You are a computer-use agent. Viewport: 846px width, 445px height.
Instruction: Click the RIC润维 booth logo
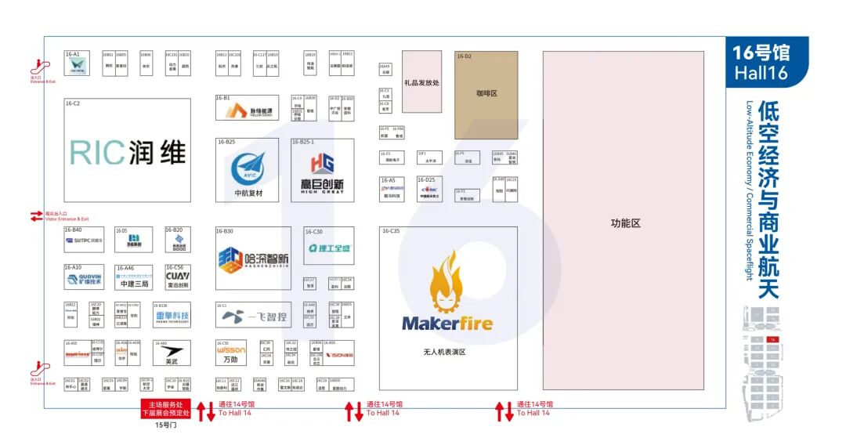pos(128,152)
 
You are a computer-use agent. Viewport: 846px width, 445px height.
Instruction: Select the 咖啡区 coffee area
pos(486,93)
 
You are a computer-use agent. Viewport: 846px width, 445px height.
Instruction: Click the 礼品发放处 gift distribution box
pos(421,82)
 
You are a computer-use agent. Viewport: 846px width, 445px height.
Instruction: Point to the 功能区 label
pos(625,223)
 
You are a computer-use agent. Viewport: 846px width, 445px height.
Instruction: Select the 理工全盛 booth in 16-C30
pos(330,248)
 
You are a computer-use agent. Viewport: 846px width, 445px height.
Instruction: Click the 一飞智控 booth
pos(252,316)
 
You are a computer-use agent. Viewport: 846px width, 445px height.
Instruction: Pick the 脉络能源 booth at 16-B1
pos(252,112)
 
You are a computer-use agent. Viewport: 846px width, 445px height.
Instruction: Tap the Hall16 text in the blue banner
pos(761,73)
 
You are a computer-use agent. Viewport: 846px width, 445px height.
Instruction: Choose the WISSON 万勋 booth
pos(230,353)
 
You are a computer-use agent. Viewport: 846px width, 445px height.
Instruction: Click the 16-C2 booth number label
pos(73,103)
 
